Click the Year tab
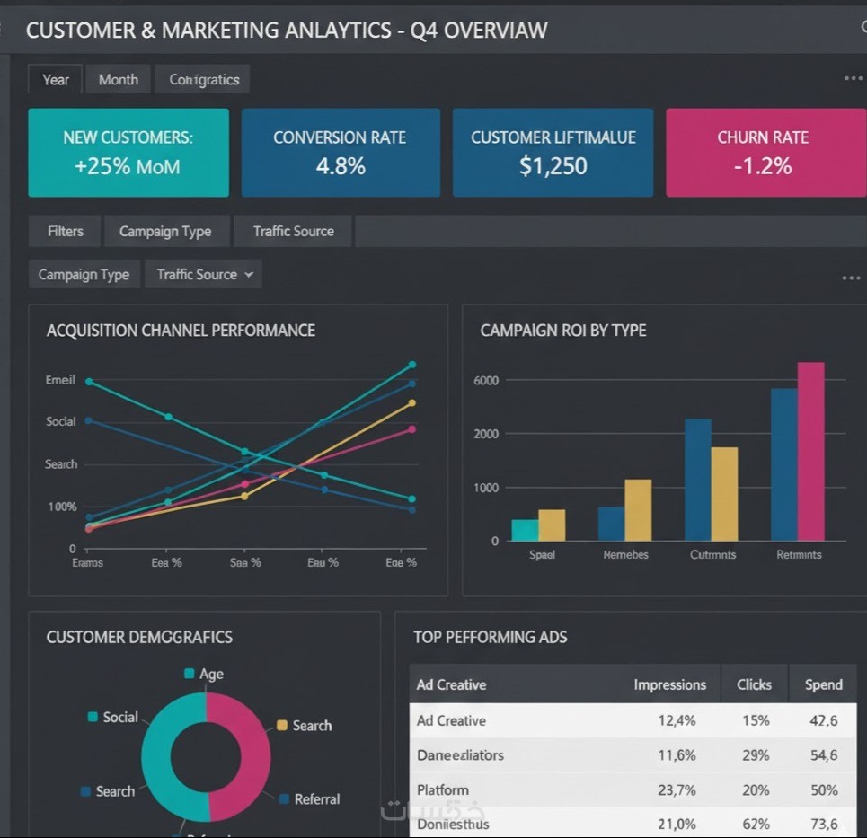pos(56,80)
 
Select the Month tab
pos(119,80)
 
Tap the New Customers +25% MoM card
pos(128,153)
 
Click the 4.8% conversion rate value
pos(341,166)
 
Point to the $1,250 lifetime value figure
pos(553,166)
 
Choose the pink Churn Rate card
pos(763,153)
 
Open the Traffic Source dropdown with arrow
pos(205,275)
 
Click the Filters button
pos(66,232)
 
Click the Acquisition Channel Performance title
pos(181,331)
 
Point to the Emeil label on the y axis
pos(60,380)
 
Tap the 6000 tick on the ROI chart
pos(485,381)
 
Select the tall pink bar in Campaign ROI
pos(810,451)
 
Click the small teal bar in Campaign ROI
pos(525,530)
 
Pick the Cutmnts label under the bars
pos(712,555)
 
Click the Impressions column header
pos(669,684)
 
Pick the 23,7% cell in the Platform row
pos(677,790)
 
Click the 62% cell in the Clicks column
pos(756,825)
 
